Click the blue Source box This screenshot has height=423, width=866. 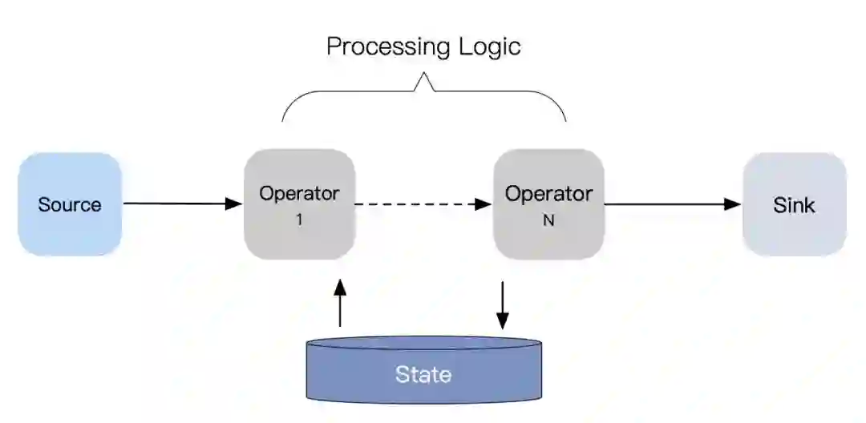70,204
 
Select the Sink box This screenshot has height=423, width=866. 794,204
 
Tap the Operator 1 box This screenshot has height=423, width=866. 299,204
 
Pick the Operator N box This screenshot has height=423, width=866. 548,204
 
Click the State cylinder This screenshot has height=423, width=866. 423,370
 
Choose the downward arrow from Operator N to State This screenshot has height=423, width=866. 503,304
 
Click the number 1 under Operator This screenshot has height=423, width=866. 299,219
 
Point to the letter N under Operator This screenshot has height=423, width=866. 548,219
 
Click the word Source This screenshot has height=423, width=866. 70,204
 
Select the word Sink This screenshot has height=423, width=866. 794,205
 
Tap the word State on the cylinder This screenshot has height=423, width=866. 423,374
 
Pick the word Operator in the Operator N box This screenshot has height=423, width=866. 548,193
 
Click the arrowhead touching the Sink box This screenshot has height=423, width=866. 733,203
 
